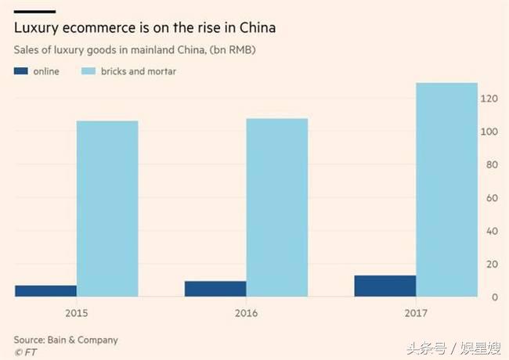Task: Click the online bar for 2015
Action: point(45,291)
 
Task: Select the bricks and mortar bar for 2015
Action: point(107,209)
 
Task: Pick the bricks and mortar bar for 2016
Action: point(276,207)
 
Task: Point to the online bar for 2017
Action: point(385,286)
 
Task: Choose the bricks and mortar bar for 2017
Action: point(446,190)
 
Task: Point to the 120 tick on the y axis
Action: point(489,99)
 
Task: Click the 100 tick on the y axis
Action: point(489,131)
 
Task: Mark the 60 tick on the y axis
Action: point(492,198)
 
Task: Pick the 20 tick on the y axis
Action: point(492,265)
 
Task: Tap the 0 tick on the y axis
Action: point(494,297)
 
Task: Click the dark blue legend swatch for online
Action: point(21,71)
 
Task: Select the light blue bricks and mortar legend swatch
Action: point(88,71)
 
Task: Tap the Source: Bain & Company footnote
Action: point(66,340)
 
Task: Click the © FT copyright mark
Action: point(25,351)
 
